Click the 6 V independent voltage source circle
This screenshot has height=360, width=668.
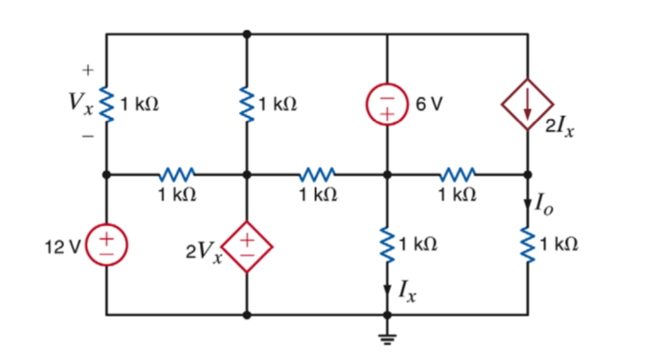coord(387,104)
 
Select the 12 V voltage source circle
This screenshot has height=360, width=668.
coord(106,244)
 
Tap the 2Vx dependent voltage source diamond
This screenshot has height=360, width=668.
coord(247,244)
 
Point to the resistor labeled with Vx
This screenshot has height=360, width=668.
coord(106,105)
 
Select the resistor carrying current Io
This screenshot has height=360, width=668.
coord(528,244)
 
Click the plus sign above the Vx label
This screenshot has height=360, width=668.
coord(86,69)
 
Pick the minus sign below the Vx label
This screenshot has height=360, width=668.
coord(86,137)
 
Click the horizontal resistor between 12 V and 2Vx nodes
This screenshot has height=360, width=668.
coord(176,174)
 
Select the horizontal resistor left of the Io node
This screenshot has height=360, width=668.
coord(458,174)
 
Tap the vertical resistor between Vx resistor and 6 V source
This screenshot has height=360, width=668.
coord(247,105)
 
